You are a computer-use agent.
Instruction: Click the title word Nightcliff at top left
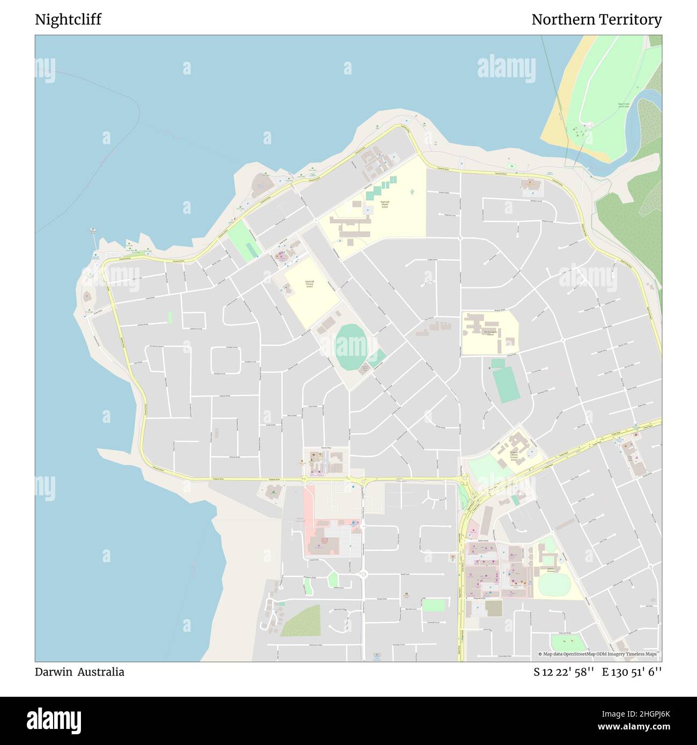(68, 20)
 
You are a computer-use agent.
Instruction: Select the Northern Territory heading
(596, 20)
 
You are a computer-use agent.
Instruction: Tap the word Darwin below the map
(54, 672)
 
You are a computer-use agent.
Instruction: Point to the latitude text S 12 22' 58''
(563, 672)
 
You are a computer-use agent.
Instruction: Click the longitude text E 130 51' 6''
(632, 672)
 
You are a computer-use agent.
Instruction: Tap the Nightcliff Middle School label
(384, 204)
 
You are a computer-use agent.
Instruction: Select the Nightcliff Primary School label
(309, 284)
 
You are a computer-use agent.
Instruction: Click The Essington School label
(489, 333)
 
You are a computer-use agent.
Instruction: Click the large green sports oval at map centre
(352, 347)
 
